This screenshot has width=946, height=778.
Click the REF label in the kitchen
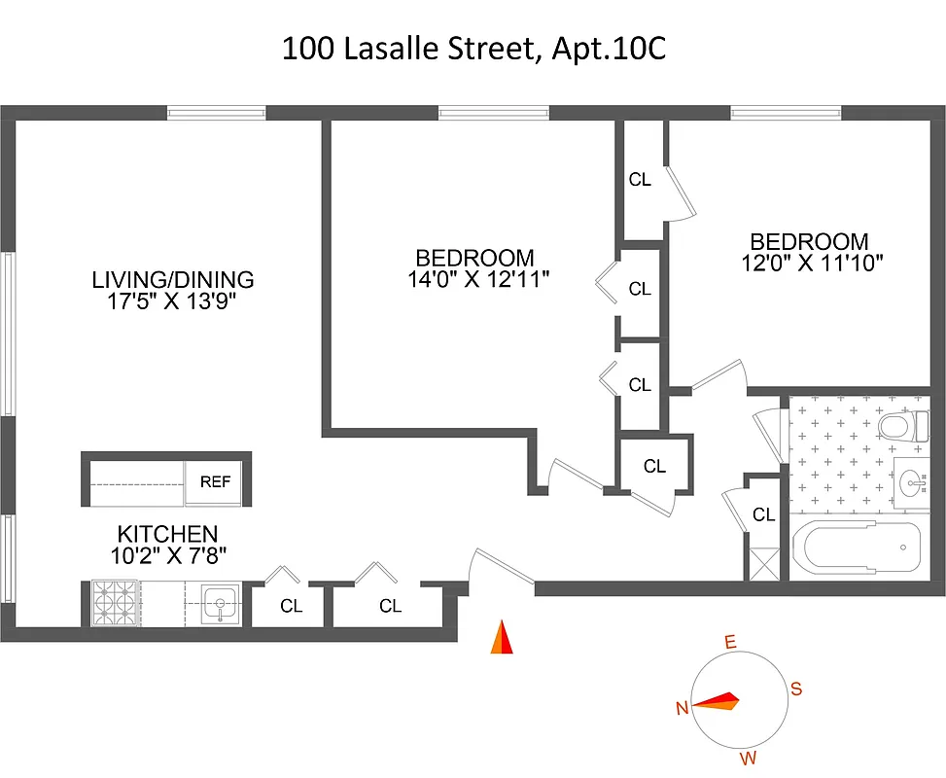215,481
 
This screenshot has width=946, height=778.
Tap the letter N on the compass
683,707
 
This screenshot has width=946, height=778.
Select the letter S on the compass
795,690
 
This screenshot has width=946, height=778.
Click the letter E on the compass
730,642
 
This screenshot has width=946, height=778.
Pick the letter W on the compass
748,758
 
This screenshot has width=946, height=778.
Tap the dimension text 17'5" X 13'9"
172,301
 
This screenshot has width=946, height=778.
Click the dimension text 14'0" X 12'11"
479,280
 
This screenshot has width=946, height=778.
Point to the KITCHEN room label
167,534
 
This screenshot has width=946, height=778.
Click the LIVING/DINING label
172,280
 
